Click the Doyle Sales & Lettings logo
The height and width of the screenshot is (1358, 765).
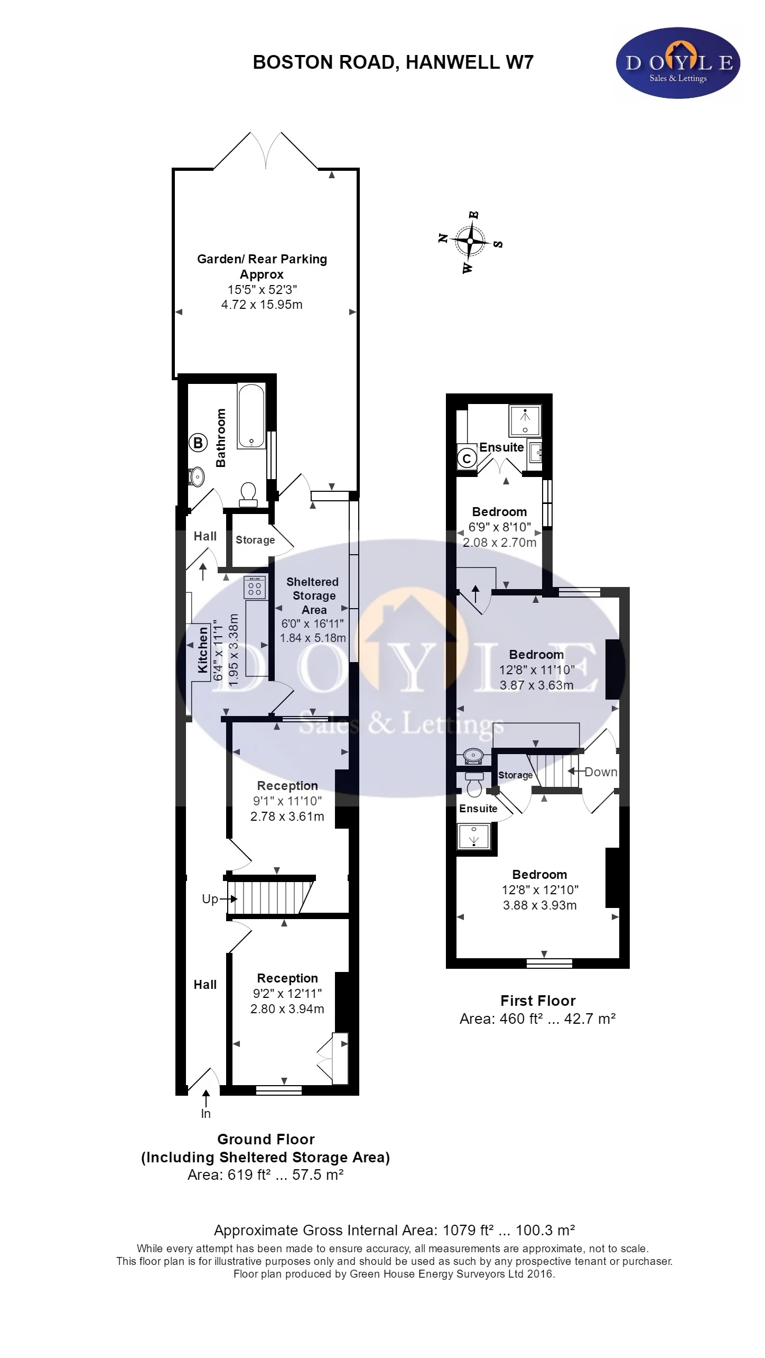[x=678, y=63]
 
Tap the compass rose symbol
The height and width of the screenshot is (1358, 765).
[x=470, y=242]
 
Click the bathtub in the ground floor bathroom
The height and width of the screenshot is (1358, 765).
[x=251, y=416]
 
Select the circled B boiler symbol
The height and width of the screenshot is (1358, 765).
[x=198, y=443]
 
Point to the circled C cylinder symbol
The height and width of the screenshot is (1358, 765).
[x=467, y=458]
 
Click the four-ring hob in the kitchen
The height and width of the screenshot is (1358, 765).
[x=255, y=588]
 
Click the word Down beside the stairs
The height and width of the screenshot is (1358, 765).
[x=601, y=772]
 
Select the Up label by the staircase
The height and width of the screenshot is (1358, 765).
[x=210, y=899]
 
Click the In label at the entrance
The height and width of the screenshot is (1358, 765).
[x=206, y=1114]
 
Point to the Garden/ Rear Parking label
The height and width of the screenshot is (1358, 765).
[x=262, y=259]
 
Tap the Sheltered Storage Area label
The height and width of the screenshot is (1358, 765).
[x=313, y=595]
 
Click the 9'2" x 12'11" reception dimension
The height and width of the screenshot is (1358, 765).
[x=287, y=994]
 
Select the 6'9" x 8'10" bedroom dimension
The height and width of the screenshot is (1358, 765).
[x=500, y=527]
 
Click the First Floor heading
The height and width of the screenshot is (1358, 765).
[x=538, y=1001]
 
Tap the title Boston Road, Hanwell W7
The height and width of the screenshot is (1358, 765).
[x=393, y=62]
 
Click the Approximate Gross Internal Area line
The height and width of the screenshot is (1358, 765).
[x=395, y=1231]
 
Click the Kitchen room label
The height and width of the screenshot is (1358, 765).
[x=203, y=650]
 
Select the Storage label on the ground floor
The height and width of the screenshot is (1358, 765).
[x=255, y=540]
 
